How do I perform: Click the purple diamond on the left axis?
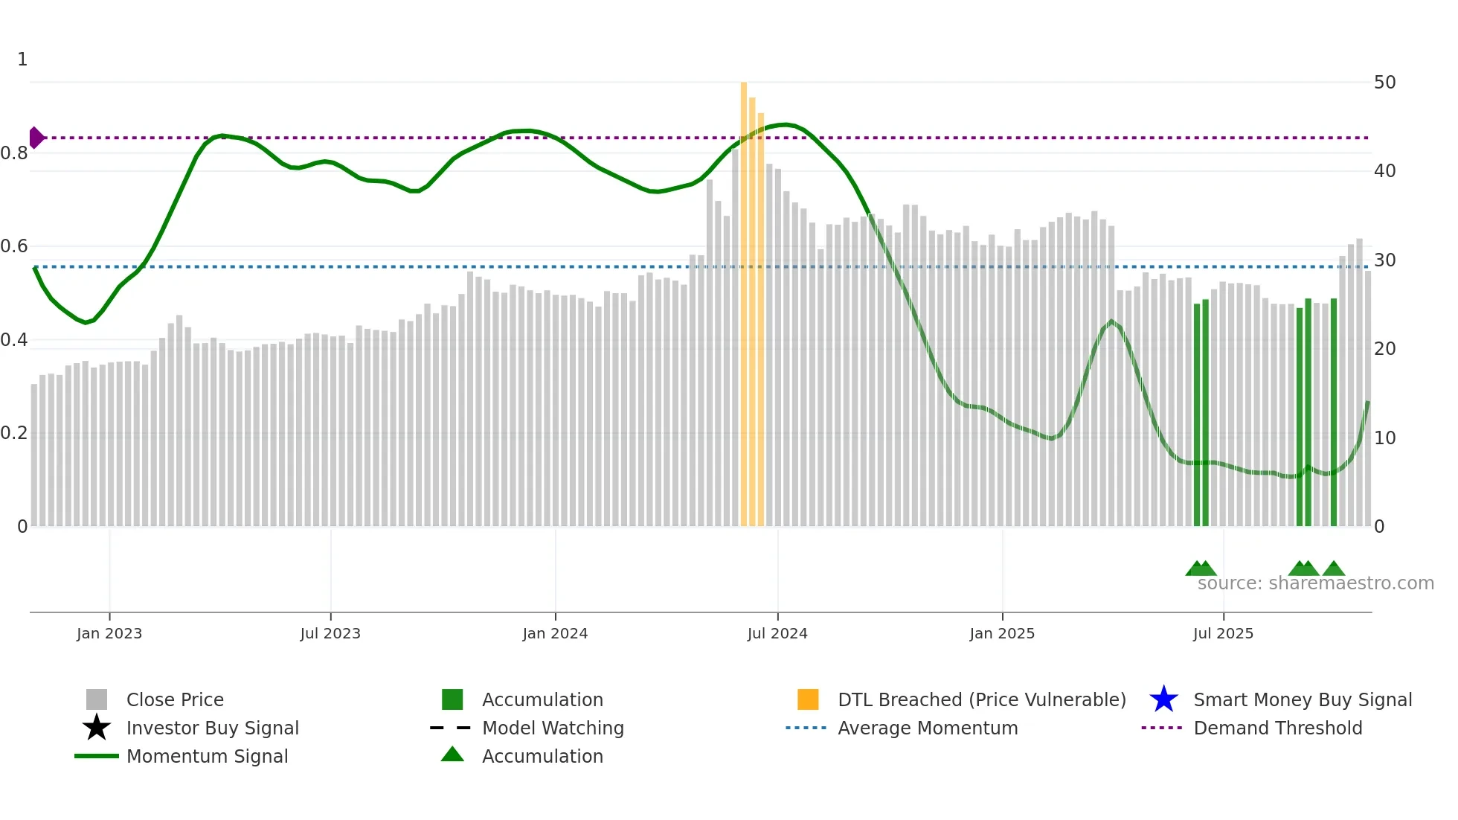pyautogui.click(x=36, y=138)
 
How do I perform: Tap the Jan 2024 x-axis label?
pyautogui.click(x=555, y=634)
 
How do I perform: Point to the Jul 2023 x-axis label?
pyautogui.click(x=330, y=634)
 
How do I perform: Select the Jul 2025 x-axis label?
pyautogui.click(x=1223, y=634)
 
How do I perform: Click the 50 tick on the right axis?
pyautogui.click(x=1384, y=83)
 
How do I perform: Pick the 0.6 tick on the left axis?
pyautogui.click(x=14, y=246)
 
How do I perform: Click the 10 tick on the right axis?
pyautogui.click(x=1384, y=438)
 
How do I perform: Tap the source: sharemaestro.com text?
pyautogui.click(x=1315, y=583)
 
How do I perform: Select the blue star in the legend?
pyautogui.click(x=1163, y=699)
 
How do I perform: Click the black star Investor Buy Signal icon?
pyautogui.click(x=97, y=728)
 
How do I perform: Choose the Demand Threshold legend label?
pyautogui.click(x=1277, y=728)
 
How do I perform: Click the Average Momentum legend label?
pyautogui.click(x=927, y=728)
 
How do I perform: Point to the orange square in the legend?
pyautogui.click(x=808, y=699)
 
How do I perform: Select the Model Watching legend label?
pyautogui.click(x=553, y=728)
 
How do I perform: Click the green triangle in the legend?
pyautogui.click(x=452, y=755)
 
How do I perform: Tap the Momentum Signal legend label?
pyautogui.click(x=207, y=757)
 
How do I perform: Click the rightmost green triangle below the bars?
pyautogui.click(x=1334, y=569)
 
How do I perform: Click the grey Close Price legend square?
pyautogui.click(x=97, y=699)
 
